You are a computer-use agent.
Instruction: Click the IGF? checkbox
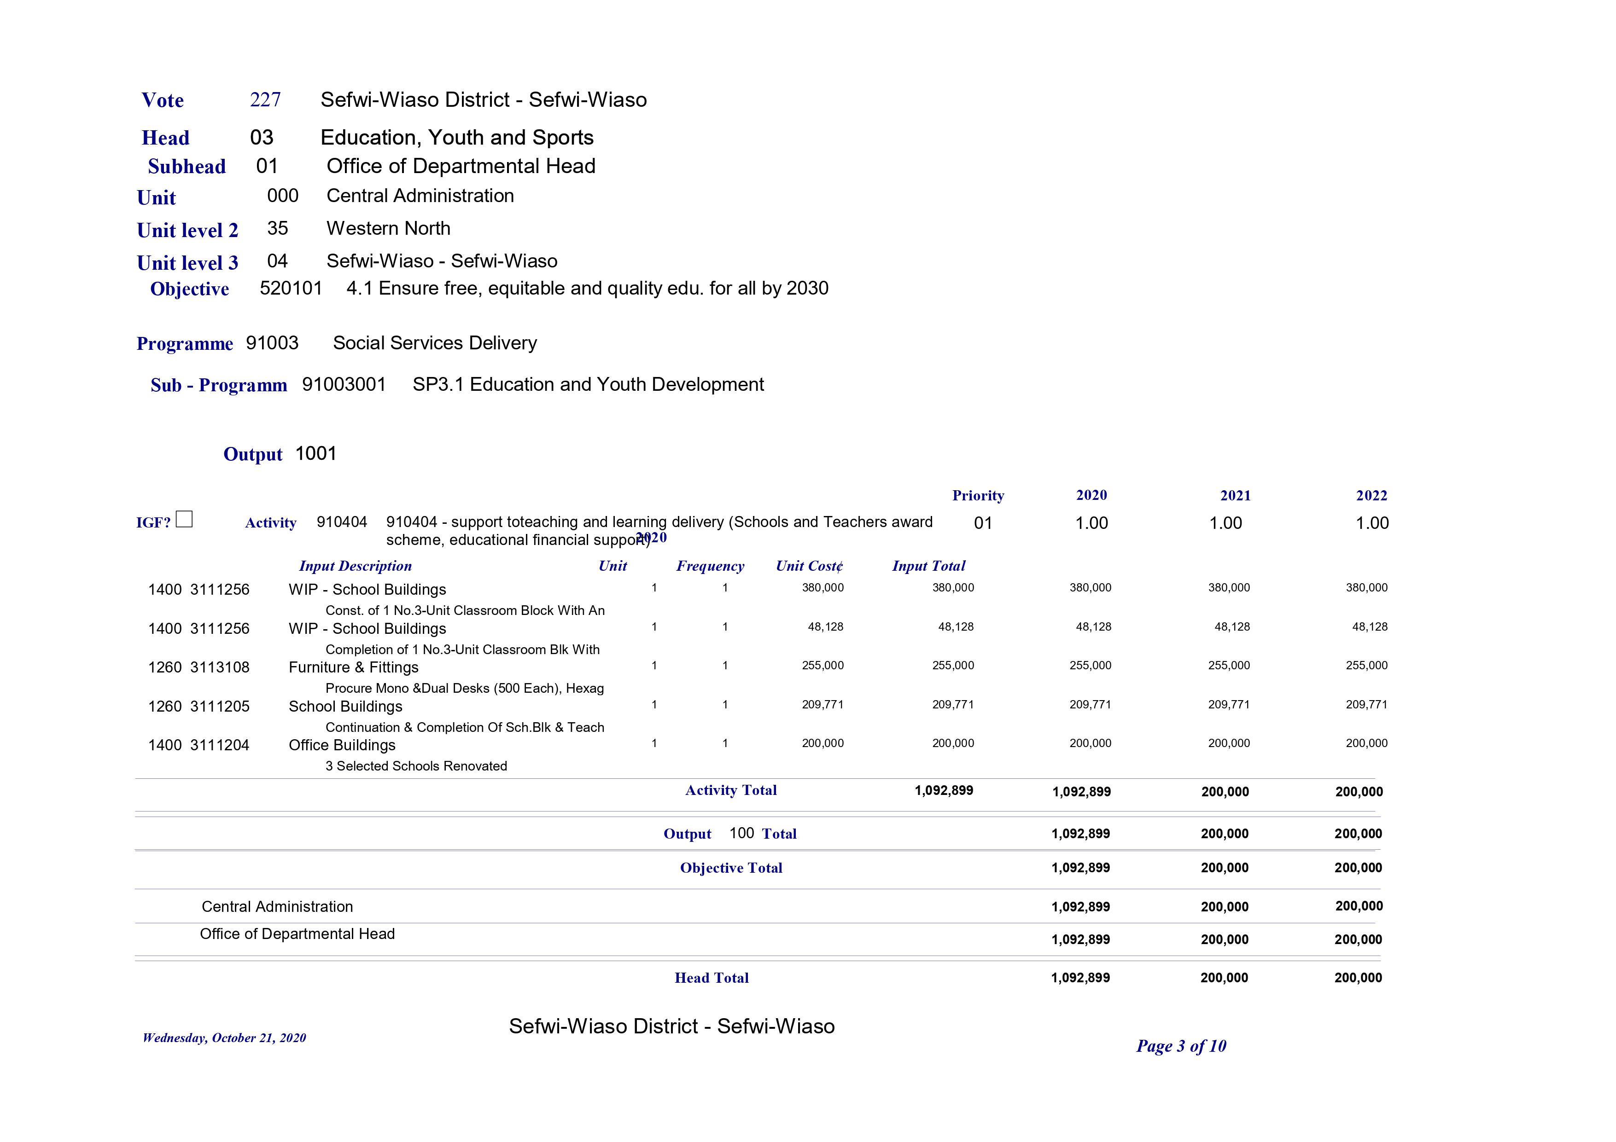184,519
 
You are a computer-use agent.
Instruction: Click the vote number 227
265,100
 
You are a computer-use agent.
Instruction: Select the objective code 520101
291,289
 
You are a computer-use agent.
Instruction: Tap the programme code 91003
272,343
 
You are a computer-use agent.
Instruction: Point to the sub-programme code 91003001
344,385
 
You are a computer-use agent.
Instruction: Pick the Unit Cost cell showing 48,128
825,627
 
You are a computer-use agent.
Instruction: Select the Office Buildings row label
342,745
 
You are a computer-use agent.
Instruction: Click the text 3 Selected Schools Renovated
416,766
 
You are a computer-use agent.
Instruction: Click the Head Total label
712,978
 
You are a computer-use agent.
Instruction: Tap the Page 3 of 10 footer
1181,1046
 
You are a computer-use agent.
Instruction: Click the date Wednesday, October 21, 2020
224,1038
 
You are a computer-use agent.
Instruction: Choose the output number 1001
316,454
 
